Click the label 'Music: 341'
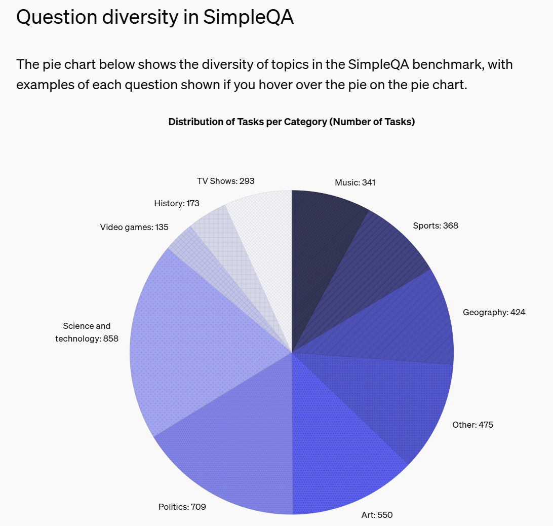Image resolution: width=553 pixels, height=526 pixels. point(355,182)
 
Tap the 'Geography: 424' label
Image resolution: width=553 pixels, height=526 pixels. point(494,312)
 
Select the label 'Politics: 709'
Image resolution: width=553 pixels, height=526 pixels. point(182,506)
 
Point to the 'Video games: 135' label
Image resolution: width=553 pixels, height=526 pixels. point(134,227)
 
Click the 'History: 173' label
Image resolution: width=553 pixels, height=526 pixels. point(177,203)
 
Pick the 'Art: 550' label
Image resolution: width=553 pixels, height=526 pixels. point(377,515)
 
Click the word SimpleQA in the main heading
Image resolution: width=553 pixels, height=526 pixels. point(248,17)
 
